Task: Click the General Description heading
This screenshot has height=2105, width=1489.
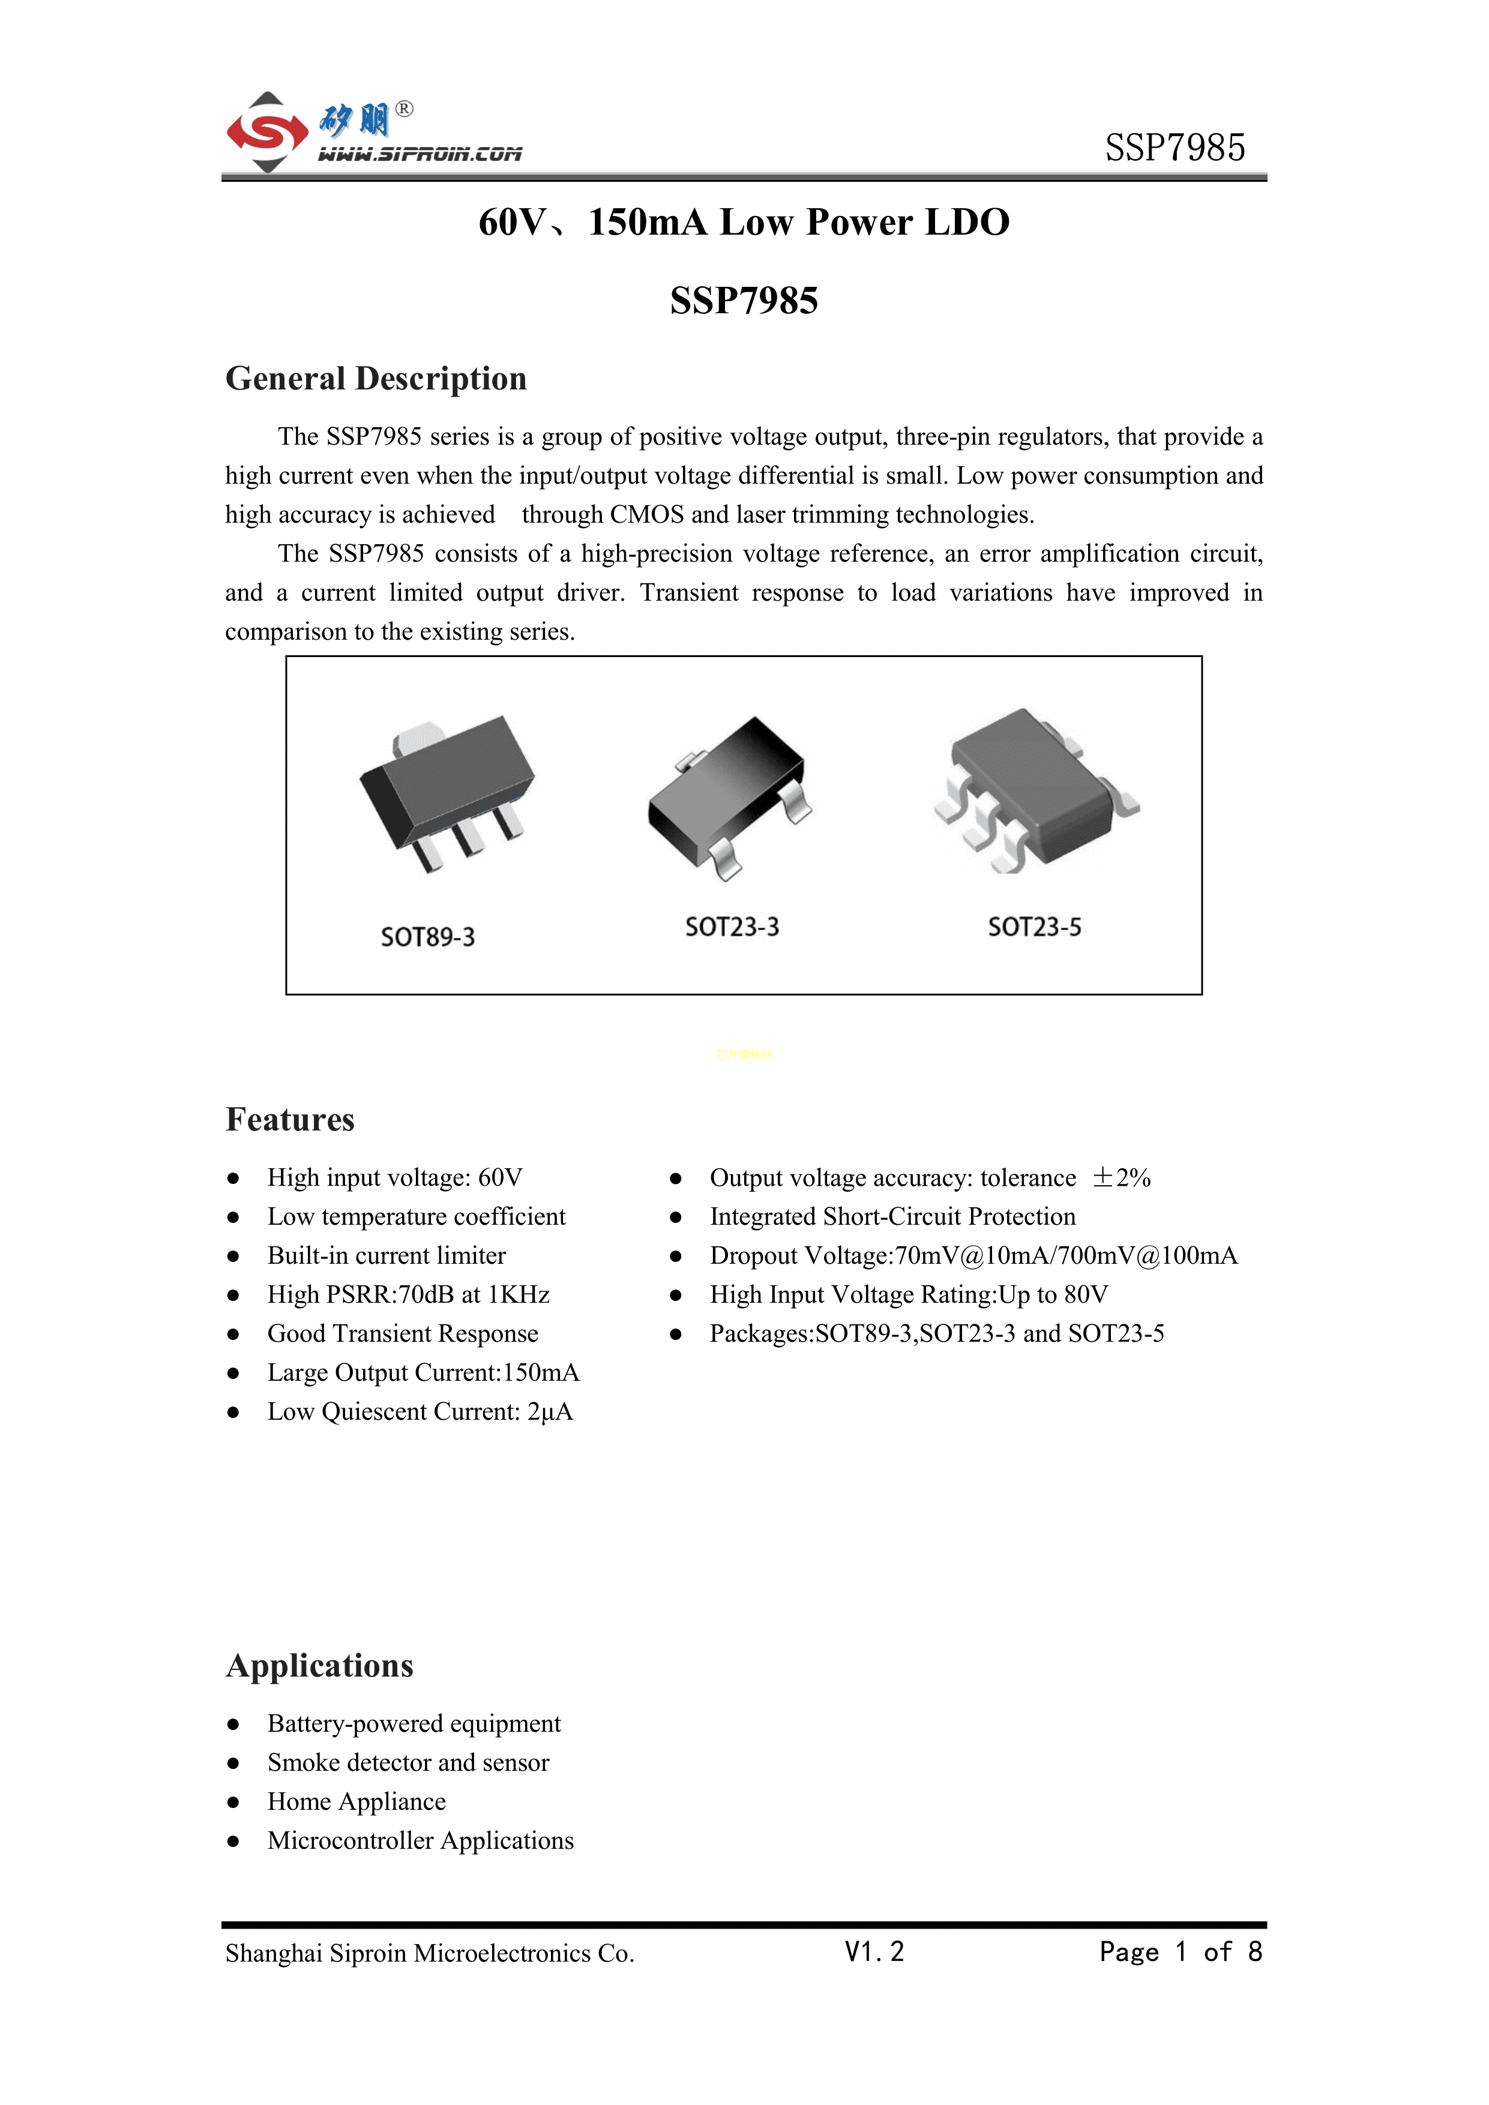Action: tap(376, 379)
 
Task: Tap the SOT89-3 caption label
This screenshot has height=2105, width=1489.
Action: tap(427, 937)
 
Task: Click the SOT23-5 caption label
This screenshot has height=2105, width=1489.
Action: tap(1034, 927)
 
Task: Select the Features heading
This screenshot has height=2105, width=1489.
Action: tap(290, 1120)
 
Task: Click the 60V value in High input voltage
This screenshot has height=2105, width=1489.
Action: tap(501, 1177)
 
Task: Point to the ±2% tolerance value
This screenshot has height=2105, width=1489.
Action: tap(1121, 1177)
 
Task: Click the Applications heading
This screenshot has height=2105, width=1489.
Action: tap(320, 1666)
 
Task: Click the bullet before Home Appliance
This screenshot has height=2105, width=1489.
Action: tap(234, 1801)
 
